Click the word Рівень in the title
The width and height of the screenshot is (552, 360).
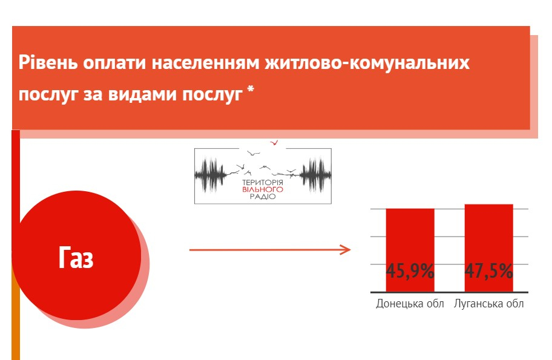click(48, 62)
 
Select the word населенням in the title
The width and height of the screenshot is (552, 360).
click(206, 63)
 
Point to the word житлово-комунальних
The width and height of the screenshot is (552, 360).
click(367, 63)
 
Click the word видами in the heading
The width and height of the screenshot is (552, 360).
click(142, 94)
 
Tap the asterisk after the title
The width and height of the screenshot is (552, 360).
click(251, 90)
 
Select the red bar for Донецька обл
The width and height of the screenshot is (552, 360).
click(410, 250)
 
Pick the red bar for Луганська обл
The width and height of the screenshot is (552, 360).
click(489, 248)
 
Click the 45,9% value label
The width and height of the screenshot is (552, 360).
click(410, 271)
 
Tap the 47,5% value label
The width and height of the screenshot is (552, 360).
click(489, 271)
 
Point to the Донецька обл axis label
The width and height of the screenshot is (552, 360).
click(410, 304)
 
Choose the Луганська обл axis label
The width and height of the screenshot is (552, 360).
click(489, 304)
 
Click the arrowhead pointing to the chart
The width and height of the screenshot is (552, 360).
click(346, 250)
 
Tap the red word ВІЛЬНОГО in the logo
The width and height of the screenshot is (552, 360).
click(263, 189)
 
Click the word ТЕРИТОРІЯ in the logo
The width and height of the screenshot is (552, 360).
click(263, 183)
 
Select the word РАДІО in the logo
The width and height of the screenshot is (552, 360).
click(263, 197)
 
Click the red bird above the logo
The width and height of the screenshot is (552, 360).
click(274, 143)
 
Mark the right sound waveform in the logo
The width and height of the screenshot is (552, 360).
click(315, 175)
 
